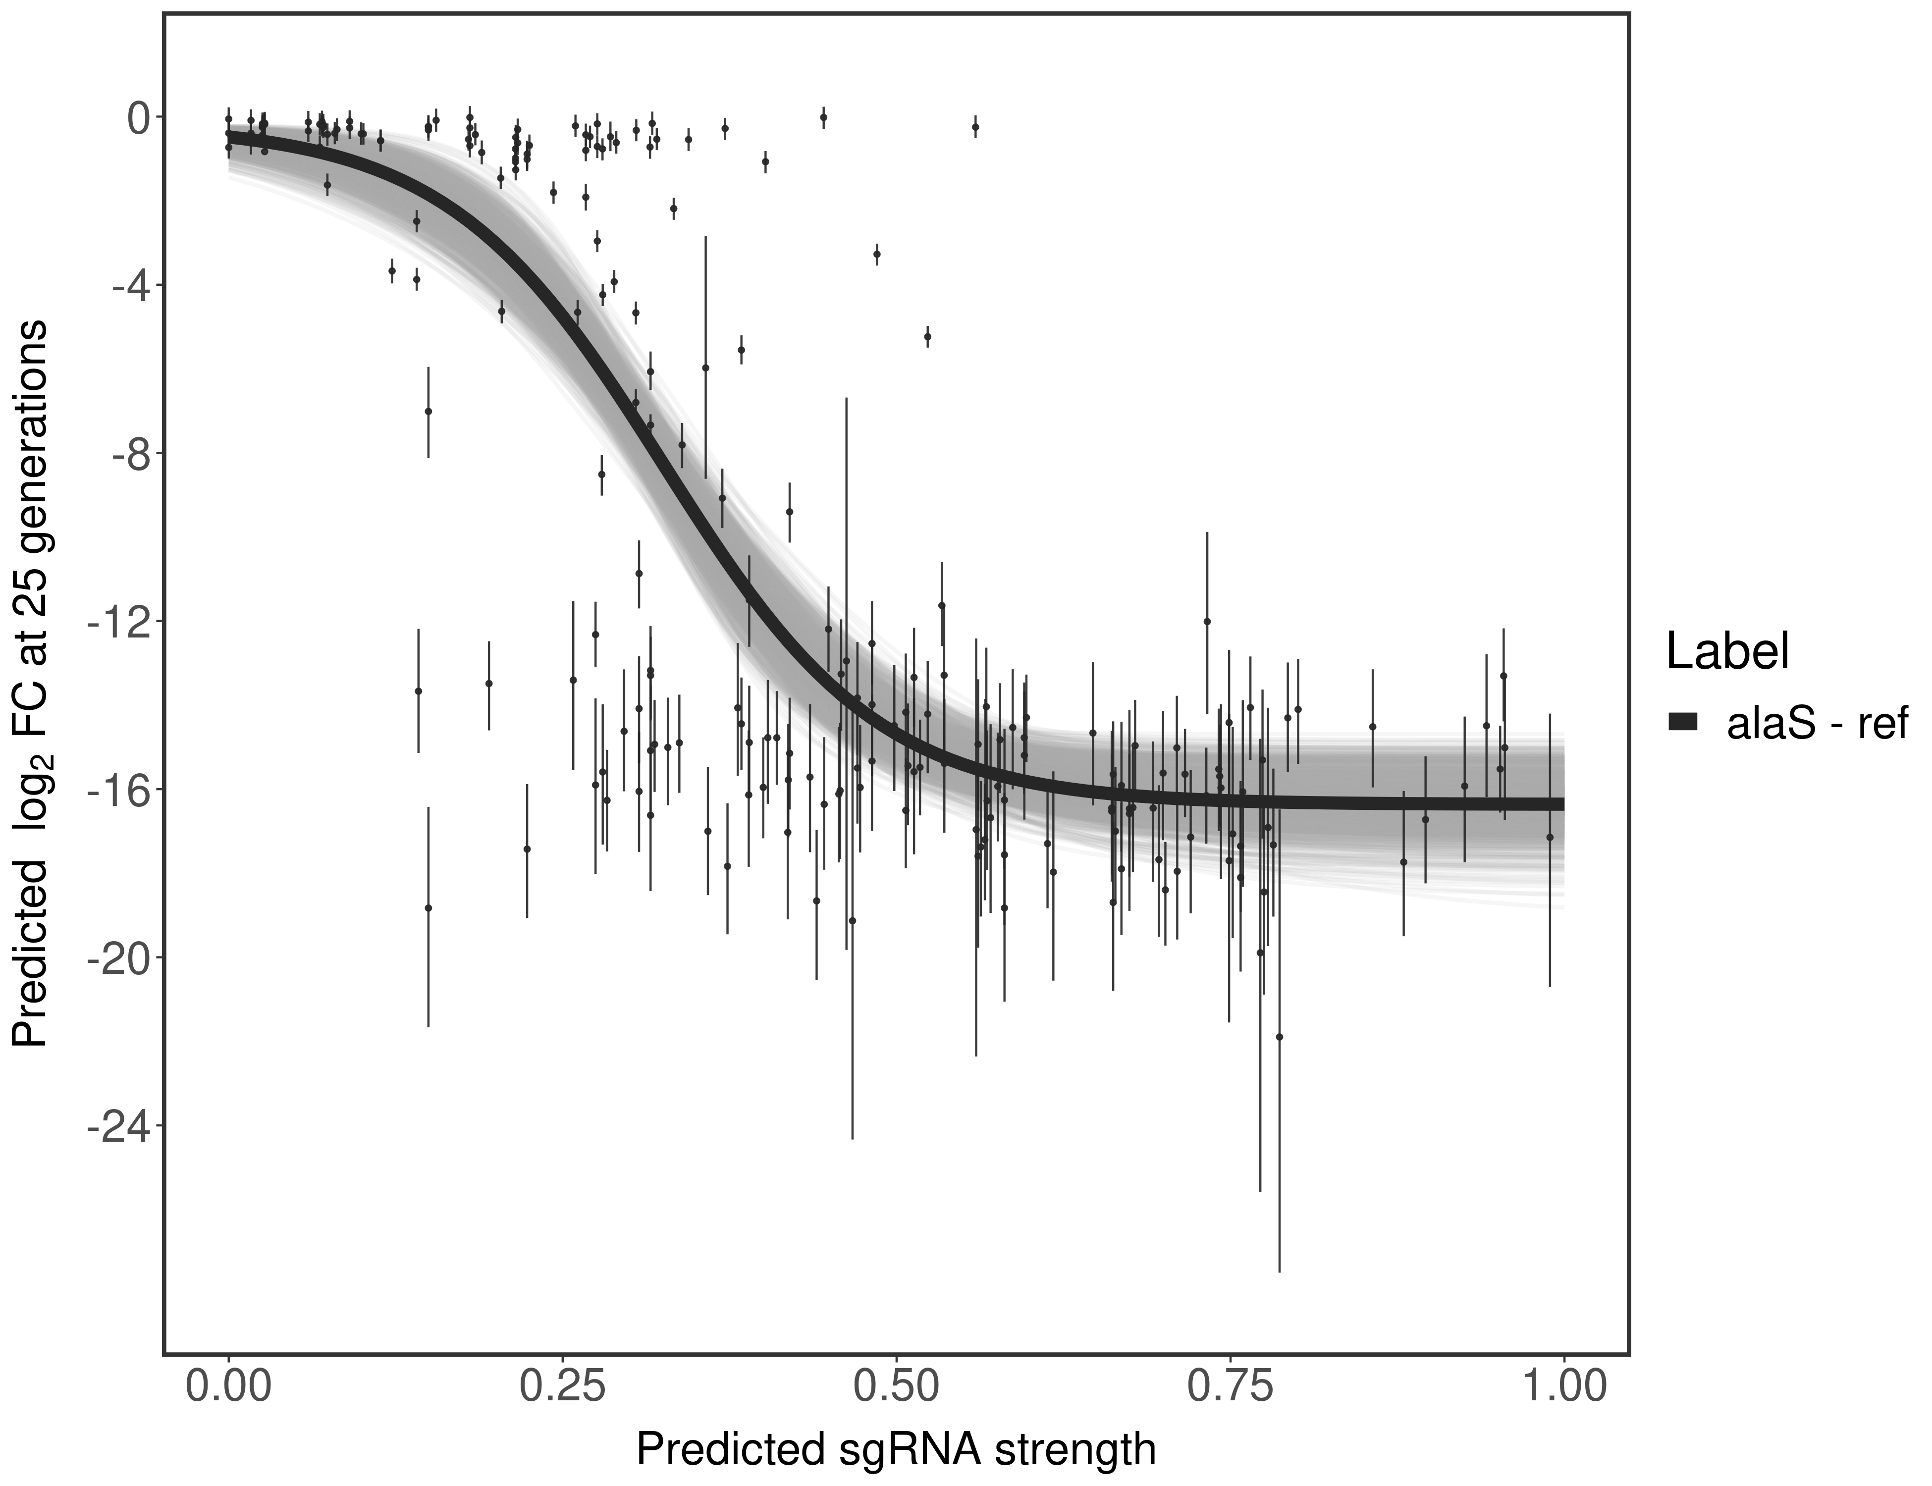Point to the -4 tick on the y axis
click(x=130, y=286)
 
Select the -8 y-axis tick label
click(x=130, y=454)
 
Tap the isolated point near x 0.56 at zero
click(x=975, y=127)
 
